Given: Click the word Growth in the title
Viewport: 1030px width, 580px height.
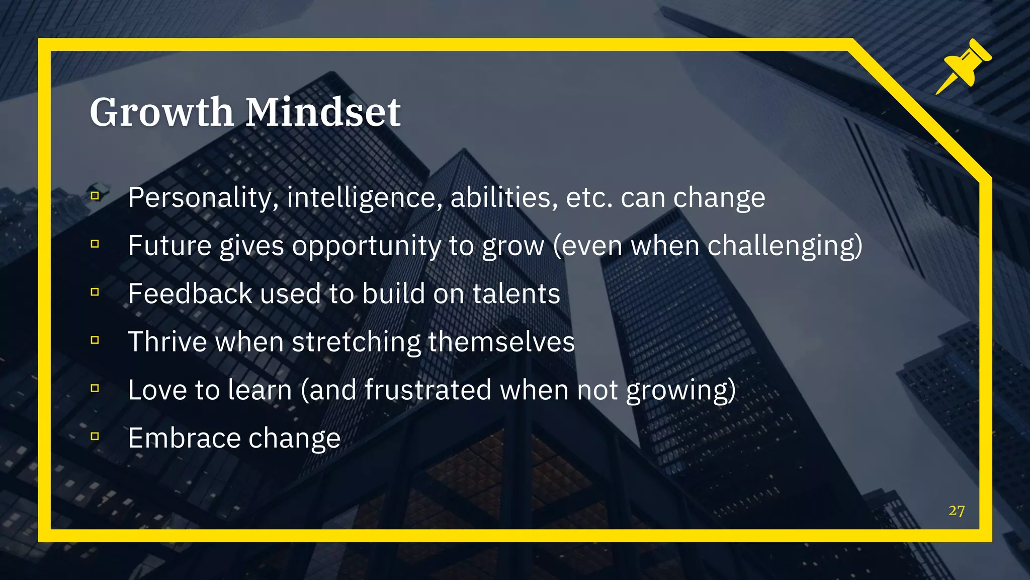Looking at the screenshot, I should tap(161, 112).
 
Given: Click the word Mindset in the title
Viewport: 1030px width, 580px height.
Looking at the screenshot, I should tap(323, 112).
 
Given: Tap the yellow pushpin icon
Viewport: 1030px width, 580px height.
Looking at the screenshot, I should tap(963, 66).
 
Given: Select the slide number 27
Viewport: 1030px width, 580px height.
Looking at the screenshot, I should tap(957, 511).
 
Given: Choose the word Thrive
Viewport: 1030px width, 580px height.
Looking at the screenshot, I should tap(167, 342).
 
